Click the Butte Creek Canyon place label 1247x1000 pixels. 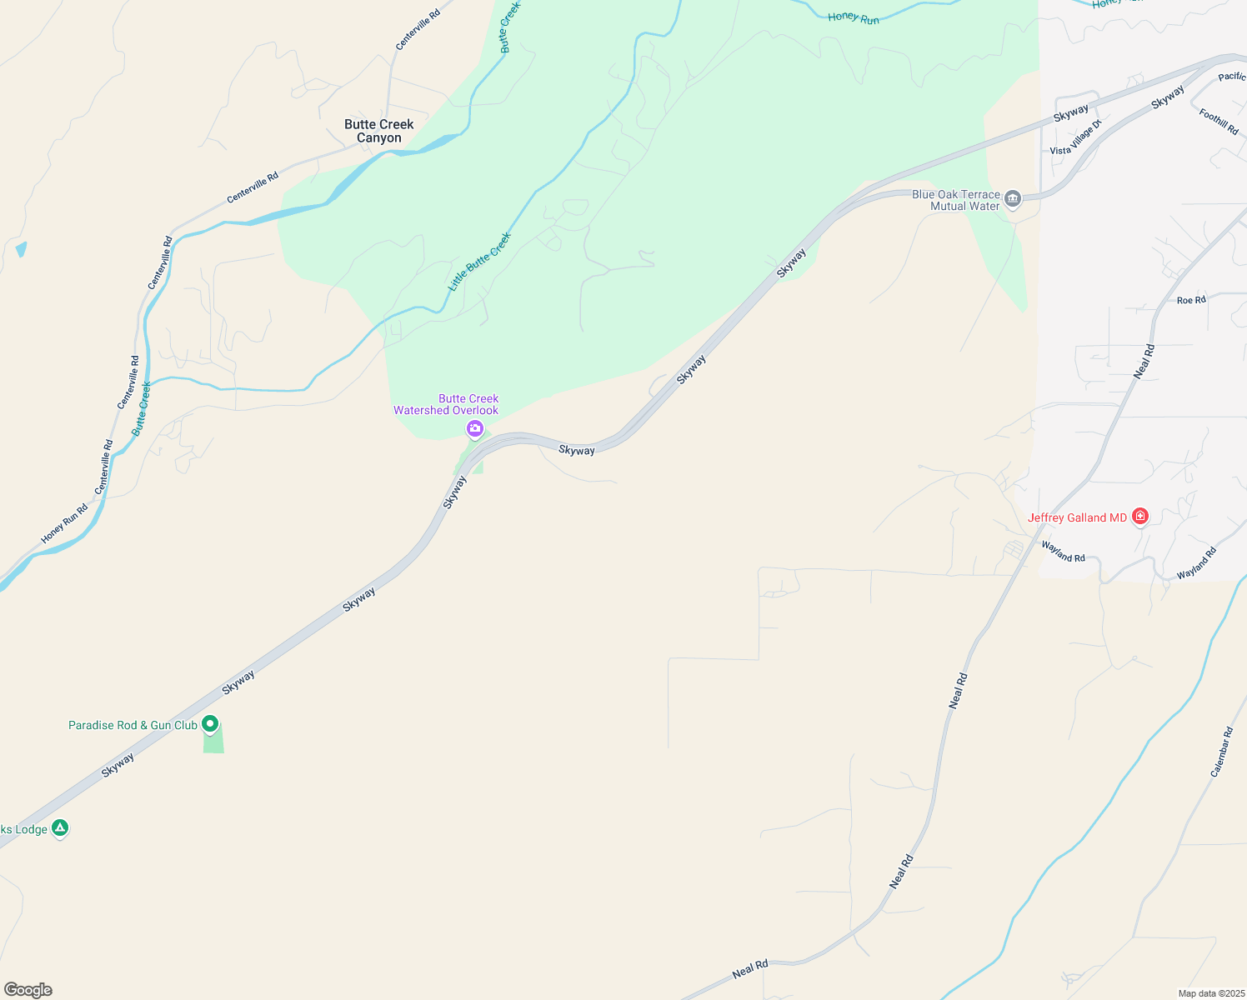tap(379, 132)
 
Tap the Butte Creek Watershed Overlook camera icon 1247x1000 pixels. tap(475, 429)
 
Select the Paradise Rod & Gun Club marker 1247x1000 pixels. tap(210, 723)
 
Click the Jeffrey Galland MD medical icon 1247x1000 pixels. tap(1140, 517)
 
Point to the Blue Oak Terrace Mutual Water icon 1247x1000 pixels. tap(1013, 198)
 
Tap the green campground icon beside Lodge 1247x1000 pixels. tap(59, 827)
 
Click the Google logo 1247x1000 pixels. tap(28, 990)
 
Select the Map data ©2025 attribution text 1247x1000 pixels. tap(1210, 993)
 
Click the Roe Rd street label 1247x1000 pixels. tap(1191, 300)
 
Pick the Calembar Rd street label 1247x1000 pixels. tap(1221, 753)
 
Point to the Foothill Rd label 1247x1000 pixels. tap(1219, 122)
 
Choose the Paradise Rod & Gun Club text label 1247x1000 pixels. tap(133, 726)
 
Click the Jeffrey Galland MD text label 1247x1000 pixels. tap(1077, 517)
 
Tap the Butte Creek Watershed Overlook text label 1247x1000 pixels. tap(446, 404)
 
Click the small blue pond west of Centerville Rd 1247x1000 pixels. tap(21, 248)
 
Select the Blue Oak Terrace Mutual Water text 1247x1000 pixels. tap(956, 200)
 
